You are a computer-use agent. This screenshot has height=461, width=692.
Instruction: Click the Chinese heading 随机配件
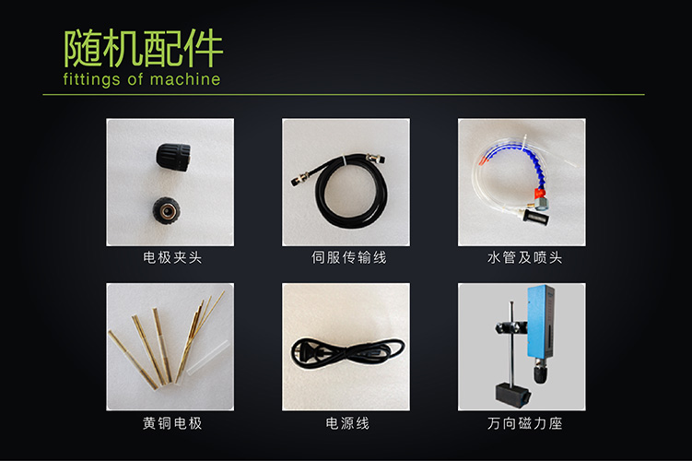pyautogui.click(x=144, y=48)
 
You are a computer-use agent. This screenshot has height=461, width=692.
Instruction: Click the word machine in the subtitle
pyautogui.click(x=185, y=79)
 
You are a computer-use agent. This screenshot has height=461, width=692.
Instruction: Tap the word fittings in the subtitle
pyautogui.click(x=91, y=80)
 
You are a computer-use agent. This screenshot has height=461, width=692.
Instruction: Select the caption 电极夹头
pyautogui.click(x=172, y=257)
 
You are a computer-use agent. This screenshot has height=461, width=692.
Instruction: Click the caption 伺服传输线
pyautogui.click(x=348, y=257)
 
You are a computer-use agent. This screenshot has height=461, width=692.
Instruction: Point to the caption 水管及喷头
pyautogui.click(x=524, y=257)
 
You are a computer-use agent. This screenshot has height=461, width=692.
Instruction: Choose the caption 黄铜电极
pyautogui.click(x=172, y=423)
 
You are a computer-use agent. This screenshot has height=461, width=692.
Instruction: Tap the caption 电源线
pyautogui.click(x=347, y=423)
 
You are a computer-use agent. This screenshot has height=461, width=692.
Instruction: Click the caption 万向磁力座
pyautogui.click(x=524, y=423)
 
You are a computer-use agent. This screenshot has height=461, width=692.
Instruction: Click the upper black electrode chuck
pyautogui.click(x=173, y=157)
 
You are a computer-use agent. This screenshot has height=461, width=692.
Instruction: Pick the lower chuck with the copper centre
pyautogui.click(x=167, y=210)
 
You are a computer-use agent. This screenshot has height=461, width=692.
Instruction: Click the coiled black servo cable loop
pyautogui.click(x=351, y=195)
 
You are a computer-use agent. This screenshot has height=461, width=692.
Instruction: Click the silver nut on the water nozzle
pyautogui.click(x=543, y=204)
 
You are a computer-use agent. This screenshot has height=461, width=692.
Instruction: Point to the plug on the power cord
pyautogui.click(x=309, y=352)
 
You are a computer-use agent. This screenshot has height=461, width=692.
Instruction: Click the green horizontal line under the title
pyautogui.click(x=344, y=94)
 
